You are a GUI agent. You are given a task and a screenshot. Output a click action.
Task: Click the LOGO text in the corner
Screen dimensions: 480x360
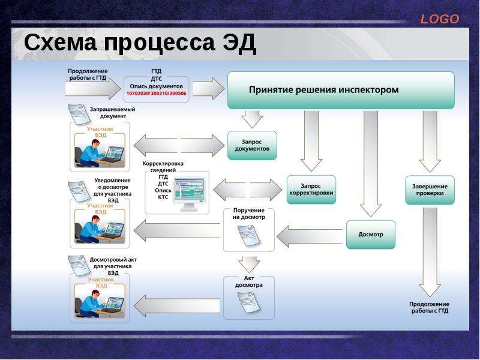coord(440,19)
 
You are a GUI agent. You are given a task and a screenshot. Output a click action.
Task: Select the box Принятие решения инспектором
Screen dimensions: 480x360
coord(341,90)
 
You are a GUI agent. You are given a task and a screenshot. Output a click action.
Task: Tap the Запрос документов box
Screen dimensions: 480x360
coord(252,145)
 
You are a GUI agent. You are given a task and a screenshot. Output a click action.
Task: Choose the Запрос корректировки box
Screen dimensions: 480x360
coord(311,190)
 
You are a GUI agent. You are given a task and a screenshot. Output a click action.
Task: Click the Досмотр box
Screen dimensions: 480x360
coord(370,235)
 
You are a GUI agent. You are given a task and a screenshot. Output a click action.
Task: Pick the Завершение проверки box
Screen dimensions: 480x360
coord(430,190)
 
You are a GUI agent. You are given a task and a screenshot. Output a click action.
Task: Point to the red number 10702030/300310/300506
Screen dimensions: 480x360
coord(156,93)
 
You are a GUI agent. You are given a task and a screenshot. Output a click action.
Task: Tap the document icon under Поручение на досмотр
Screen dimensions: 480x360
coord(249,235)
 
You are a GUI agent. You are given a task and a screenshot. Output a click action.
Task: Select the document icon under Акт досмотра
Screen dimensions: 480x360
coord(249,302)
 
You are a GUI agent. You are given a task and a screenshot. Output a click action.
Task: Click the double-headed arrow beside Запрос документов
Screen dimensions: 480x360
coord(179,145)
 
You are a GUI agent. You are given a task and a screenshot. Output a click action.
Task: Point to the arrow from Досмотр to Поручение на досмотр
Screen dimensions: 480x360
coord(309,236)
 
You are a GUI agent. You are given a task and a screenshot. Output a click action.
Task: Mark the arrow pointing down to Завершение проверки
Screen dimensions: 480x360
coord(430,141)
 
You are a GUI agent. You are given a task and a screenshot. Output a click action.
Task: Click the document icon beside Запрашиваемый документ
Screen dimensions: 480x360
coord(79,114)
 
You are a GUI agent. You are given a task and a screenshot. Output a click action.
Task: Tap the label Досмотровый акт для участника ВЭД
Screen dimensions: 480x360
coord(113,266)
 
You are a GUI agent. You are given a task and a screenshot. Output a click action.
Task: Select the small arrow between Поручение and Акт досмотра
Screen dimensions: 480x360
coord(249,265)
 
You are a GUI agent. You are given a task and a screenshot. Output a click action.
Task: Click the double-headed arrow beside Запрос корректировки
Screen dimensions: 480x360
coord(247,190)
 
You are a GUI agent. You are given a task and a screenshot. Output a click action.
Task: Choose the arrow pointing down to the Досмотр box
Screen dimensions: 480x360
coord(370,164)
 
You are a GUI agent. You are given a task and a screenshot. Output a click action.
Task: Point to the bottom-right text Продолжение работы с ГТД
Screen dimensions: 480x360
coord(430,307)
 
